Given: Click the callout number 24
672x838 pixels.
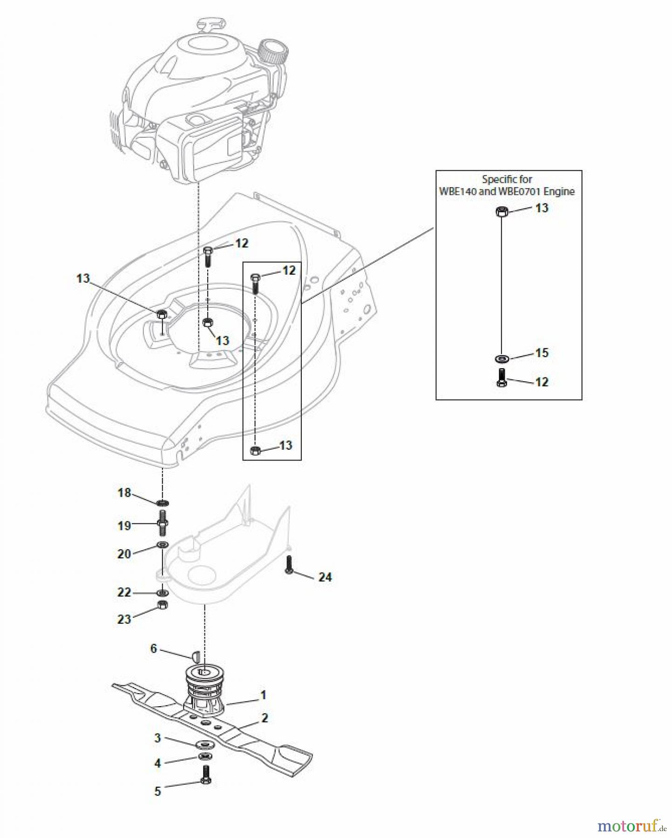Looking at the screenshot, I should (325, 577).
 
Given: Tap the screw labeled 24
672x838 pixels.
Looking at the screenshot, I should (289, 565).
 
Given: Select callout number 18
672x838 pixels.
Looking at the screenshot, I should (124, 493).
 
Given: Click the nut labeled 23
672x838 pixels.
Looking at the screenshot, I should (162, 605).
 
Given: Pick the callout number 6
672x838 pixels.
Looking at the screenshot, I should (153, 649).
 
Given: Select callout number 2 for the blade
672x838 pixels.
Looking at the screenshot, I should (265, 718).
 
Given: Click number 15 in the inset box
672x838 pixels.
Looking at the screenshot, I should (542, 352).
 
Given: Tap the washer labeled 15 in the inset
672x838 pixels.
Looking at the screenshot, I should (502, 358).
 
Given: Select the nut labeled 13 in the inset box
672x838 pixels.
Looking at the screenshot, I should (501, 212).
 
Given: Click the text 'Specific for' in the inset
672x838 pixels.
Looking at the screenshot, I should (507, 179).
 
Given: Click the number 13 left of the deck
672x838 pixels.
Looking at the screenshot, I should (82, 278).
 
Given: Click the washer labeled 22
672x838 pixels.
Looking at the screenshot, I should (162, 593).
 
